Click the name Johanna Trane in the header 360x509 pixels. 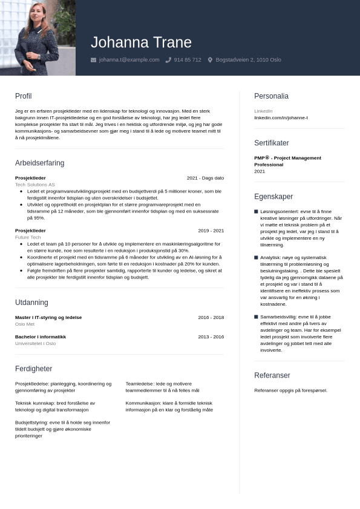pyautogui.click(x=141, y=42)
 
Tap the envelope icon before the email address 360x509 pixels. pyautogui.click(x=93, y=60)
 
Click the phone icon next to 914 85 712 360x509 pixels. pyautogui.click(x=168, y=60)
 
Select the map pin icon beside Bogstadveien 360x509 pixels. pyautogui.click(x=210, y=60)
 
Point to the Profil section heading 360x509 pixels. pyautogui.click(x=23, y=96)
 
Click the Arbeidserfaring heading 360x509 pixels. pyautogui.click(x=39, y=163)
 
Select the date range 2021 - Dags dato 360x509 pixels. pyautogui.click(x=205, y=178)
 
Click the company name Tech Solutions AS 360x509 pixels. pyautogui.click(x=34, y=185)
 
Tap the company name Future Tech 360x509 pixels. pyautogui.click(x=28, y=237)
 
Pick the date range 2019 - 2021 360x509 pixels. pyautogui.click(x=211, y=231)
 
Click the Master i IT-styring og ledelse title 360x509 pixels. pyautogui.click(x=48, y=317)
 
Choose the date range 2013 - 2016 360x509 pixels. pyautogui.click(x=211, y=337)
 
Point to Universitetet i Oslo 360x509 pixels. pyautogui.click(x=35, y=343)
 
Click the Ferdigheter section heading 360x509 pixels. pyautogui.click(x=33, y=369)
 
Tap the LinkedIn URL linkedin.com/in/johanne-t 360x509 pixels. pyautogui.click(x=281, y=117)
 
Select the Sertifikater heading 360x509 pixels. pyautogui.click(x=271, y=143)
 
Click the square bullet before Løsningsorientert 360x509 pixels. pyautogui.click(x=256, y=211)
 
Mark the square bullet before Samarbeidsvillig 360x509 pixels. pyautogui.click(x=256, y=317)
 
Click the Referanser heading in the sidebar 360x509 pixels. pyautogui.click(x=272, y=375)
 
